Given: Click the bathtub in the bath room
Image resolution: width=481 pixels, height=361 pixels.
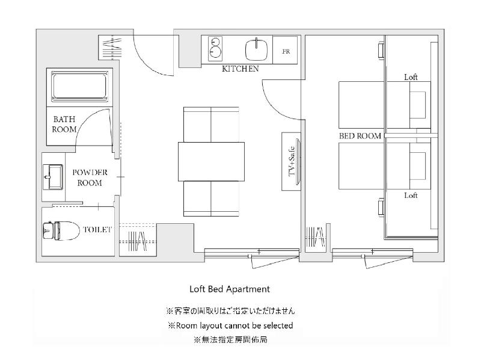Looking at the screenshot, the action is tap(79, 86).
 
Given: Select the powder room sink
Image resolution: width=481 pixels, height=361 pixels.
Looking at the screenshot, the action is tap(53, 176).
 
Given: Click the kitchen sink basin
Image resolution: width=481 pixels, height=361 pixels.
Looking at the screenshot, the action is tap(257, 50).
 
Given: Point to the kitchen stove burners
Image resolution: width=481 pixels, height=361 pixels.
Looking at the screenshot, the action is tap(215, 49).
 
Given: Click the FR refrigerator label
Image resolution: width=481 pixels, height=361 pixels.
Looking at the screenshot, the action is tap(286, 52).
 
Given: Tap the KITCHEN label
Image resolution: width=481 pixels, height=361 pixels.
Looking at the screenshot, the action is tap(240, 69).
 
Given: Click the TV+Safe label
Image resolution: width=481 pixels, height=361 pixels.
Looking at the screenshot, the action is tap(292, 161).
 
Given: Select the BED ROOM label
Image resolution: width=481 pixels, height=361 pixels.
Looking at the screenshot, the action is tap(360, 136).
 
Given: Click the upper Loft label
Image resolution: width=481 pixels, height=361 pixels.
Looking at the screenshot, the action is tap(411, 77).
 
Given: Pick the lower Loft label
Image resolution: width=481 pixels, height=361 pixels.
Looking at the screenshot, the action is tap(411, 195).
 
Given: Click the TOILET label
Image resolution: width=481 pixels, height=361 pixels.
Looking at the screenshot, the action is tap(97, 229).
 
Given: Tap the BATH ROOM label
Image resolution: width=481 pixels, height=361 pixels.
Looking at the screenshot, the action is tap(64, 124).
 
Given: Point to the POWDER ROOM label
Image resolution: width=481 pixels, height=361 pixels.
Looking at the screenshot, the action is tap(90, 177).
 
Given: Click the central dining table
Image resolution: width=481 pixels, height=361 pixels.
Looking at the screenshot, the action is tap(212, 161).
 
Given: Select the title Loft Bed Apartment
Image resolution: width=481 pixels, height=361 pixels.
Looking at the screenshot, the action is tap(230, 289).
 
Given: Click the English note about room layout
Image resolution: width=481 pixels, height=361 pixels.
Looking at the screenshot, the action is tap(230, 326).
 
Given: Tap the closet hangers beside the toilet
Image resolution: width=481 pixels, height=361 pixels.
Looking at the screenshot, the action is tap(138, 241).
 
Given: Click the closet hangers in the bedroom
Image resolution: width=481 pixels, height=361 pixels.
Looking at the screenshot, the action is tap(315, 237).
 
